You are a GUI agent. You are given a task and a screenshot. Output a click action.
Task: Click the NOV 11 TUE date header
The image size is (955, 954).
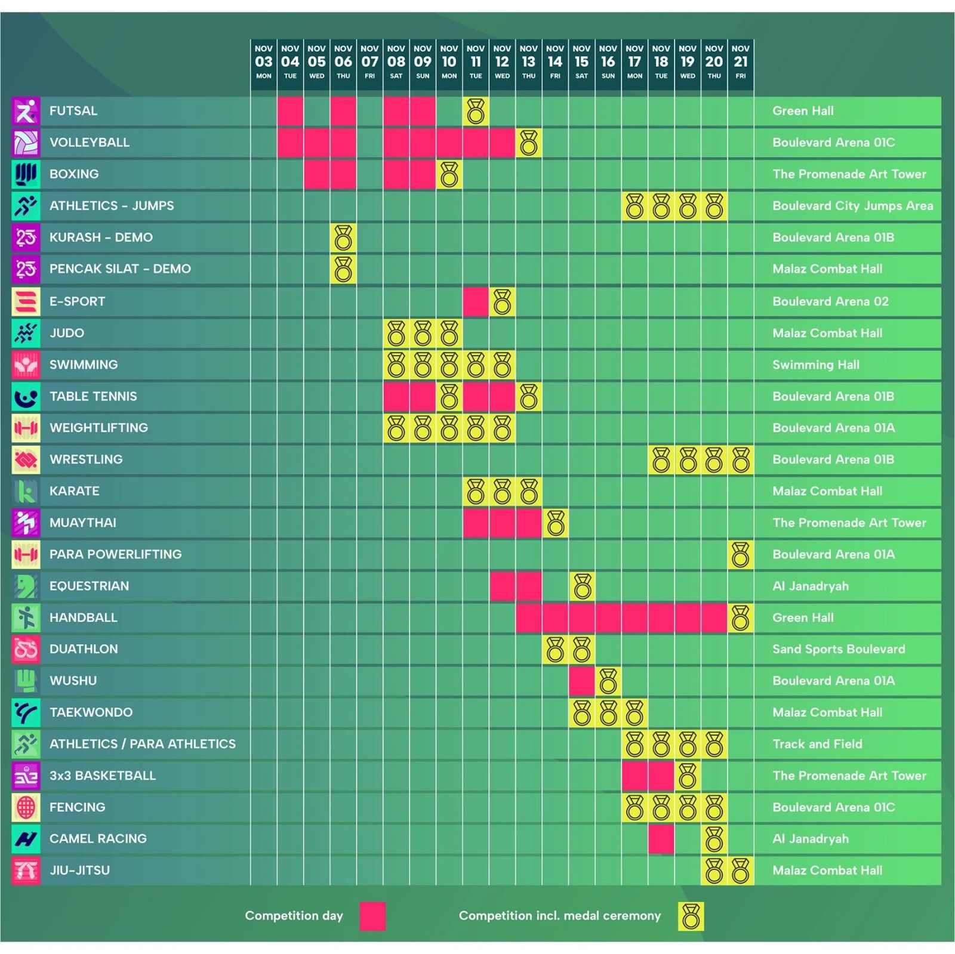click(x=476, y=62)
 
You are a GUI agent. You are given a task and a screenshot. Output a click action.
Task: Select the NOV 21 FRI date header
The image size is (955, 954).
click(x=741, y=62)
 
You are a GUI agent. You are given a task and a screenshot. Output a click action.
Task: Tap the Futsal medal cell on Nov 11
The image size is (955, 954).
click(x=476, y=112)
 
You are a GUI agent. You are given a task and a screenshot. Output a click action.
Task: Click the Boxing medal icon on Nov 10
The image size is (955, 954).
click(x=449, y=174)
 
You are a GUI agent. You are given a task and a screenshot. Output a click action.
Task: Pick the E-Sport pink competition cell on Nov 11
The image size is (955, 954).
click(x=476, y=301)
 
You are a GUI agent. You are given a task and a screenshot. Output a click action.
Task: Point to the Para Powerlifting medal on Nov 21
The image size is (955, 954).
click(x=741, y=554)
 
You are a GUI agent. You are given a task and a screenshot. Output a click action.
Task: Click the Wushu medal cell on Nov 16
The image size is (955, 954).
click(x=608, y=681)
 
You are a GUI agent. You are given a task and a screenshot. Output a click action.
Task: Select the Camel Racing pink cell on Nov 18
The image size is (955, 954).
click(x=661, y=839)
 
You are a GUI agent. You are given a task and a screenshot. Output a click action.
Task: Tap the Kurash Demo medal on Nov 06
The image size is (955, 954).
click(x=343, y=237)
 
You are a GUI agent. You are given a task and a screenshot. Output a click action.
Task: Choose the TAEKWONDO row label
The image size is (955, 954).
click(x=91, y=712)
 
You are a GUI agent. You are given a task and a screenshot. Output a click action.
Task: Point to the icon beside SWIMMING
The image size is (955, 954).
click(x=26, y=365)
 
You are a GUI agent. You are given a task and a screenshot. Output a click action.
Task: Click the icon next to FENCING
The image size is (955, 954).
click(x=26, y=807)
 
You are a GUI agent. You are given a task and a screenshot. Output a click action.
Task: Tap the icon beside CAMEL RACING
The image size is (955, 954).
click(x=26, y=839)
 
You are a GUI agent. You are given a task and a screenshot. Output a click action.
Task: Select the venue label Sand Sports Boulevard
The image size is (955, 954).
click(x=839, y=649)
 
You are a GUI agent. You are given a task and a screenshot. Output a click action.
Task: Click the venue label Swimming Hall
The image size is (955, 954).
click(x=816, y=365)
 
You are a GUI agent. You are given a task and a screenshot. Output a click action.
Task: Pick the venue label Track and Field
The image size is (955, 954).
click(x=817, y=744)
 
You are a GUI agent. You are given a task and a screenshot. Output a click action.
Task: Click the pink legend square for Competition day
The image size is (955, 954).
click(x=372, y=916)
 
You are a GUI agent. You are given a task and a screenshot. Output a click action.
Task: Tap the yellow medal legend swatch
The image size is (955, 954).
click(x=691, y=916)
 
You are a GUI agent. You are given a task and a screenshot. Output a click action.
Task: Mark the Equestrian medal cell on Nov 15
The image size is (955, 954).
click(x=582, y=586)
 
